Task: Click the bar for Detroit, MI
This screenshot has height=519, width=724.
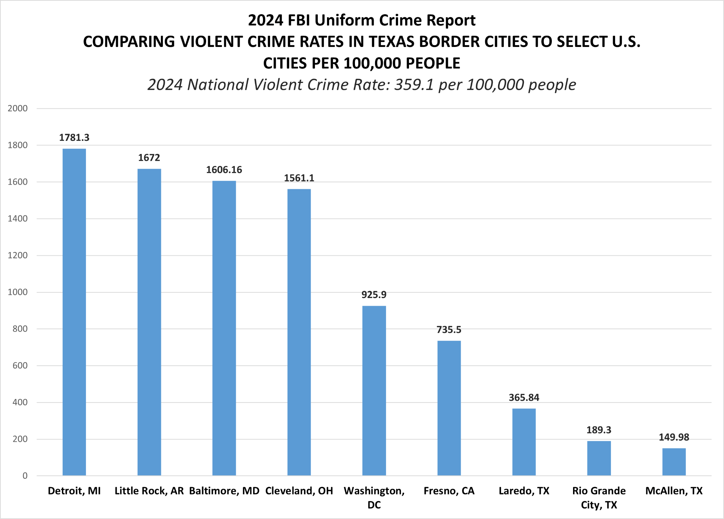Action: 74,312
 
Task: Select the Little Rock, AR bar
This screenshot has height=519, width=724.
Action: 149,322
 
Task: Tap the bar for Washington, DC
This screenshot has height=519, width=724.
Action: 374,390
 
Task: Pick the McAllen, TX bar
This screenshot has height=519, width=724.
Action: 674,462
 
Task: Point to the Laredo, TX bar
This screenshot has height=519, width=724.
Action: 524,442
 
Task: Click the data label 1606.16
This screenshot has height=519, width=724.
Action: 224,170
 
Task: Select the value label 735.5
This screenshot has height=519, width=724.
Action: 449,330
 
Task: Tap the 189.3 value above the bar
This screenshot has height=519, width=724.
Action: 599,430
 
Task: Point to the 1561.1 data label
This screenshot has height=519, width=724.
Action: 299,178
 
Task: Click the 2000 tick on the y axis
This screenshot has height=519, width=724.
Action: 18,108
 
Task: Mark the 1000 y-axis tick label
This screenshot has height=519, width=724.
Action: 18,292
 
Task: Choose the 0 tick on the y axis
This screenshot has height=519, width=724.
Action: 25,476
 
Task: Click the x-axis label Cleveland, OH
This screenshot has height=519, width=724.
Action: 299,491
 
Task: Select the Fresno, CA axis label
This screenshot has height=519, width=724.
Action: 449,491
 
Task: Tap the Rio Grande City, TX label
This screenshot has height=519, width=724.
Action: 599,497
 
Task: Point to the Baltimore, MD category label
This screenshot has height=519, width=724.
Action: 224,491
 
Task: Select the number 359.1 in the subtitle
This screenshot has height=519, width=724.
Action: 414,85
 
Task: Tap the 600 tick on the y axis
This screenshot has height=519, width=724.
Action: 18,365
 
